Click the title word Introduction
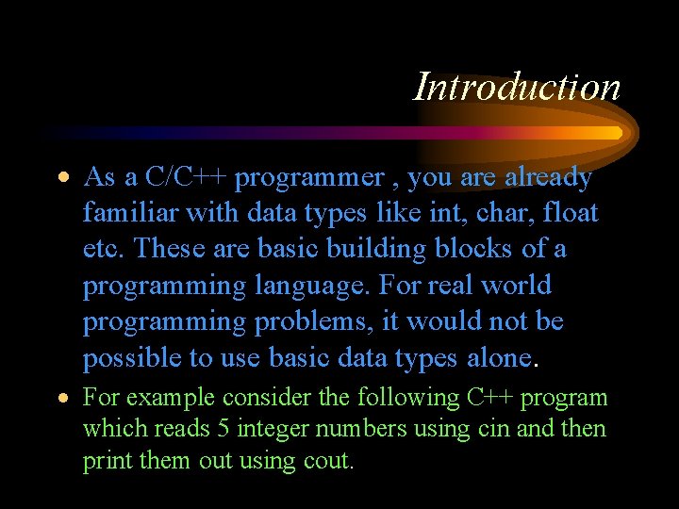[518, 87]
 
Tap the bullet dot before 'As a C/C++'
[61, 178]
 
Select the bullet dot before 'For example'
[61, 399]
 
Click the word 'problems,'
[316, 321]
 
